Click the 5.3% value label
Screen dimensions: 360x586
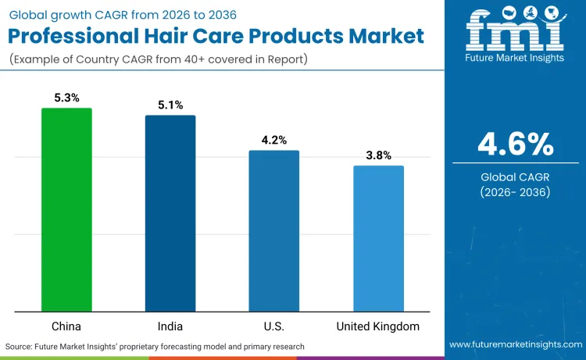pos(66,98)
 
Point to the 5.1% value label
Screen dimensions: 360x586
pos(170,105)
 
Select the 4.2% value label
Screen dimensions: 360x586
pos(274,140)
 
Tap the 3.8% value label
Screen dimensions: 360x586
pos(378,155)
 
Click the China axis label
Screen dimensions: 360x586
pos(66,326)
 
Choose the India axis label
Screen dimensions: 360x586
pos(170,326)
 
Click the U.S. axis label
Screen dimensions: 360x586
pos(274,326)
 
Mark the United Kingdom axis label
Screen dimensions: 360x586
pos(378,326)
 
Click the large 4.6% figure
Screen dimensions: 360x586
pos(516,144)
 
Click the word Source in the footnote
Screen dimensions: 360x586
pos(21,345)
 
